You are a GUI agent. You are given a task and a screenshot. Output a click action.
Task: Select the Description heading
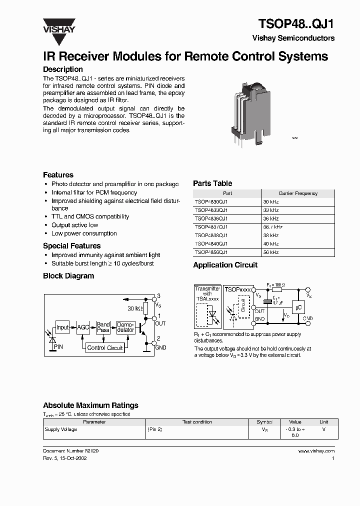63,69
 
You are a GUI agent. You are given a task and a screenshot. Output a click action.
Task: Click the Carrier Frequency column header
297,193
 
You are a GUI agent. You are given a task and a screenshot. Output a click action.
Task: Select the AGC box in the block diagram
83,328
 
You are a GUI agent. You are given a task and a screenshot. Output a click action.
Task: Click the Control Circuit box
105,347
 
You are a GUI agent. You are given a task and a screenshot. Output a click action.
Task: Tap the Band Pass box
103,327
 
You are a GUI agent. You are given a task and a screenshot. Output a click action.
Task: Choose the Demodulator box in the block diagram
125,327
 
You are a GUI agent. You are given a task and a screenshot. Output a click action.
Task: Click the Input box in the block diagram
62,328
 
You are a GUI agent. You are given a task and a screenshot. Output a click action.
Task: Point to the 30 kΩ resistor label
134,308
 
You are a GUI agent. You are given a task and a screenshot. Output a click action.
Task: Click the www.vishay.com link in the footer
316,450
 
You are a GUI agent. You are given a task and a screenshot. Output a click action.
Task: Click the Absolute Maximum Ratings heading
90,405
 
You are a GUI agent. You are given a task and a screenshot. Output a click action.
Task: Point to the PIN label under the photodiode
58,346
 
